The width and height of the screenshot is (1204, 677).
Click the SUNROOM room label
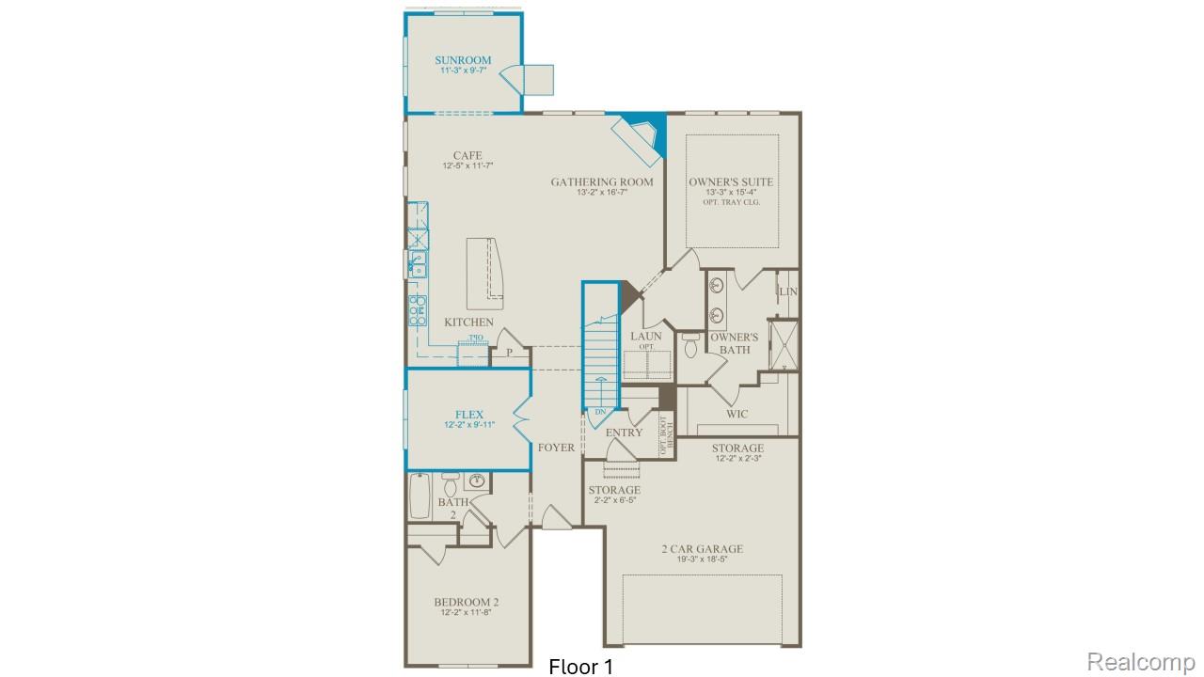463,60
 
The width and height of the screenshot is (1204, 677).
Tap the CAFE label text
467,155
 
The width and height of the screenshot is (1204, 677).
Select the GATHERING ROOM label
602,181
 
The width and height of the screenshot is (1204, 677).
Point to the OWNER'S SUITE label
731,181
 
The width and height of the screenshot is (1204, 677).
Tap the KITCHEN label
468,323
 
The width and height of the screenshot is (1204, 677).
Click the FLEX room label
468,415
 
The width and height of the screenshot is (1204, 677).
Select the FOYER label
556,448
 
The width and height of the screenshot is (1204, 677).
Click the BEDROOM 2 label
467,602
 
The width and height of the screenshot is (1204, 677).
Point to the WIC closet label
737,414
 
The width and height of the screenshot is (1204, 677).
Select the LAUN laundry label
646,336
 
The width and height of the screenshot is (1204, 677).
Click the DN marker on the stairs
600,412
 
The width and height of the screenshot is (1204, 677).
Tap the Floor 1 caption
580,667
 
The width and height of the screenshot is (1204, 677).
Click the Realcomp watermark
1141,661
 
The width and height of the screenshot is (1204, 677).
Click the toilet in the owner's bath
691,346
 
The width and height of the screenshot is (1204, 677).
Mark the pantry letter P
509,352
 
